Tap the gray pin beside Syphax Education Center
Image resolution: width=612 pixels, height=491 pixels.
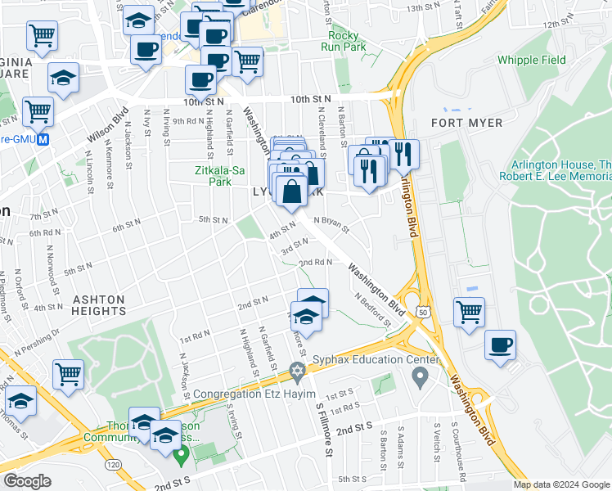tap(421, 377)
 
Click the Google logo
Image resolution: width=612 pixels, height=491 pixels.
tap(29, 481)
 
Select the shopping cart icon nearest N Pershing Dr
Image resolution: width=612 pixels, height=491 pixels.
tap(68, 373)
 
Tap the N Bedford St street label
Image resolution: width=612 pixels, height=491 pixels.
tap(372, 308)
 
